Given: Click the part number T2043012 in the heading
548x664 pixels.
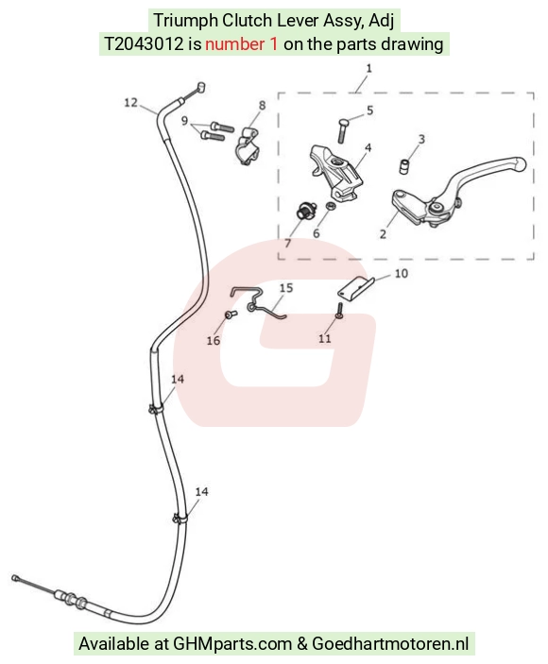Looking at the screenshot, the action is tap(144, 44).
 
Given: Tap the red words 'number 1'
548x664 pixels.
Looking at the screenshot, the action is tap(242, 44).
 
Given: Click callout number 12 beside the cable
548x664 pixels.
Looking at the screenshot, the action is tap(131, 102).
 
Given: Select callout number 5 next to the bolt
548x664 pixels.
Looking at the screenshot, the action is tap(370, 111).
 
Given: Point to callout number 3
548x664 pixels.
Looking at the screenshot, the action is tap(421, 139).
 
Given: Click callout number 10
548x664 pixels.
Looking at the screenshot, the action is tap(401, 274).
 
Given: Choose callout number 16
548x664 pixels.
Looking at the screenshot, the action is tap(213, 340).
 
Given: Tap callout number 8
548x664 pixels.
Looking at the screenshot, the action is tap(262, 105).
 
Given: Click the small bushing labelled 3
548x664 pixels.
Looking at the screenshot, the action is tap(404, 166).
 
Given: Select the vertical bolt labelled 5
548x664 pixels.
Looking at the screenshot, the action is tap(342, 131).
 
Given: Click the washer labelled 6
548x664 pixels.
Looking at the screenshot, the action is tap(331, 206).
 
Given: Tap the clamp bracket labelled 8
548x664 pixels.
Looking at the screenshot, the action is tap(248, 146).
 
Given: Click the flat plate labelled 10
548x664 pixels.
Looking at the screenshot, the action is tap(356, 288).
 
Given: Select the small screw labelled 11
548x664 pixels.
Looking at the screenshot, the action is tap(339, 312).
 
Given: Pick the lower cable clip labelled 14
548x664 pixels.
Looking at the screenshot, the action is tap(180, 519).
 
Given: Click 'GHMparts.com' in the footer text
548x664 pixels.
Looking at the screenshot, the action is tap(232, 643).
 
